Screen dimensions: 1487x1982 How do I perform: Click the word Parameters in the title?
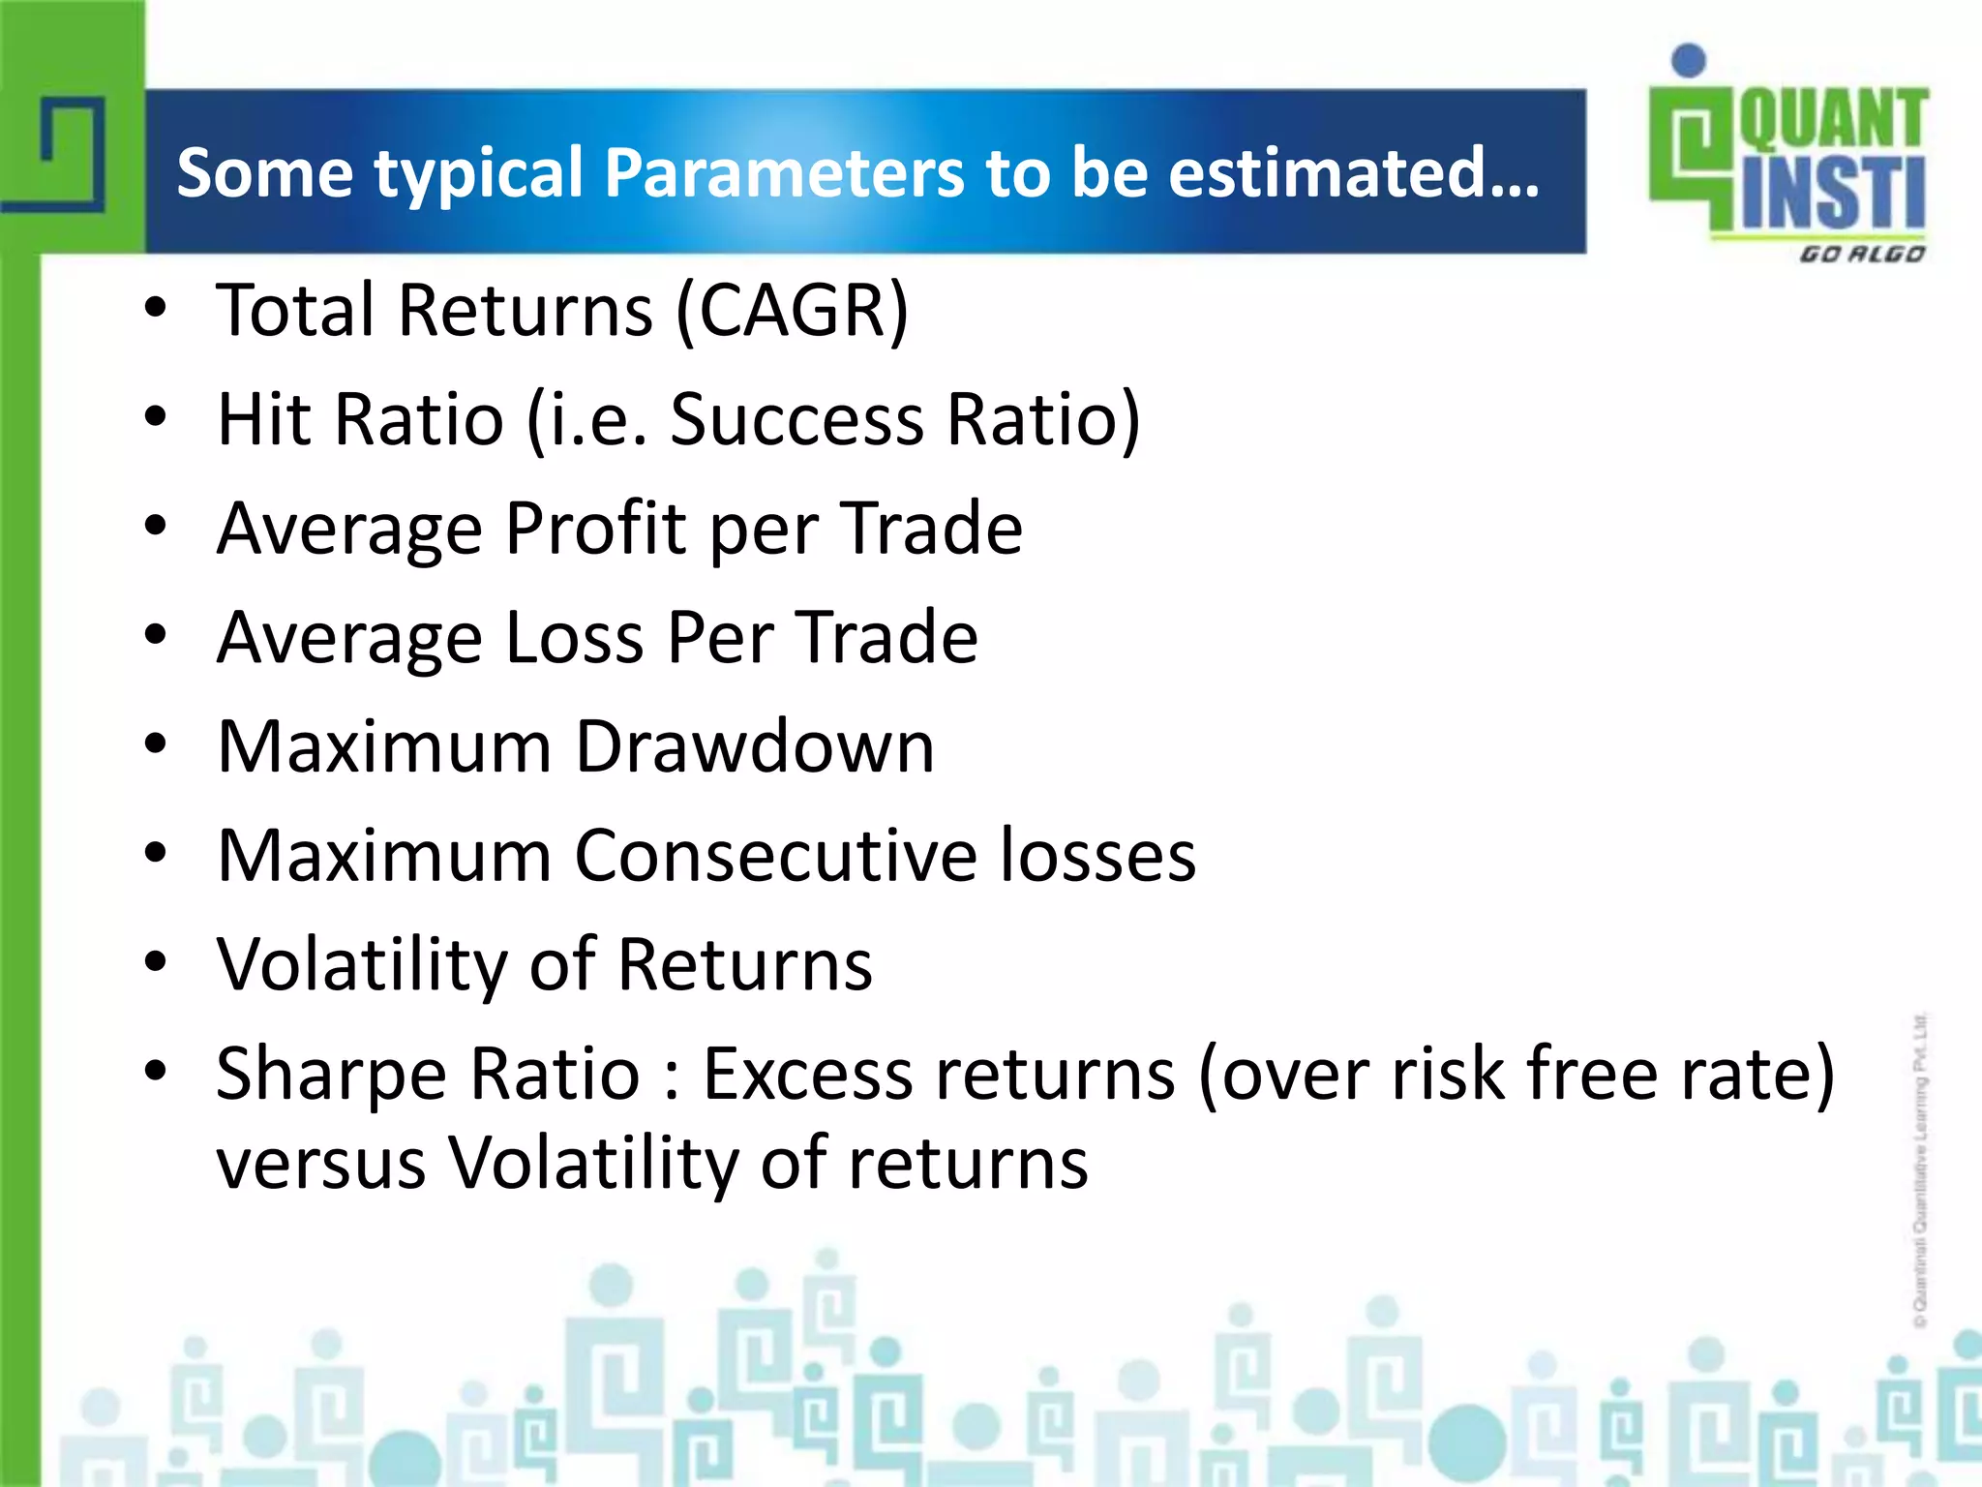coord(785,173)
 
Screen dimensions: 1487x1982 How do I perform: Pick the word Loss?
coord(574,638)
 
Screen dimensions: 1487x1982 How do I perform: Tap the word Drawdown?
coord(755,747)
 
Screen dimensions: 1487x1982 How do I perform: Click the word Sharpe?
coord(331,1075)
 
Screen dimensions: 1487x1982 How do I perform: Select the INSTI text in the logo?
coord(1832,194)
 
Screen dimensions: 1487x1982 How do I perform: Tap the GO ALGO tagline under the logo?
coord(1860,255)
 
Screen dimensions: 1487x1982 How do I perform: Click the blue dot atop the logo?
coord(1689,60)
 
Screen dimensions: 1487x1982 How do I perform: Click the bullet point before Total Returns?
coord(155,309)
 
